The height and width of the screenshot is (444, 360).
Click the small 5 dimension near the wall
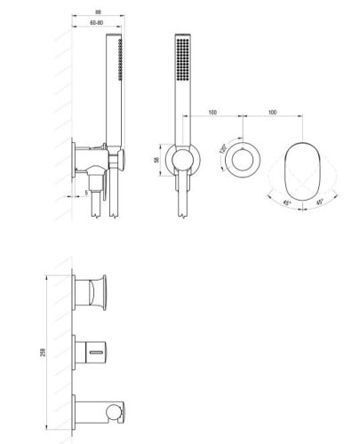84,189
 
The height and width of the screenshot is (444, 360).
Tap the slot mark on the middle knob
92,353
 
